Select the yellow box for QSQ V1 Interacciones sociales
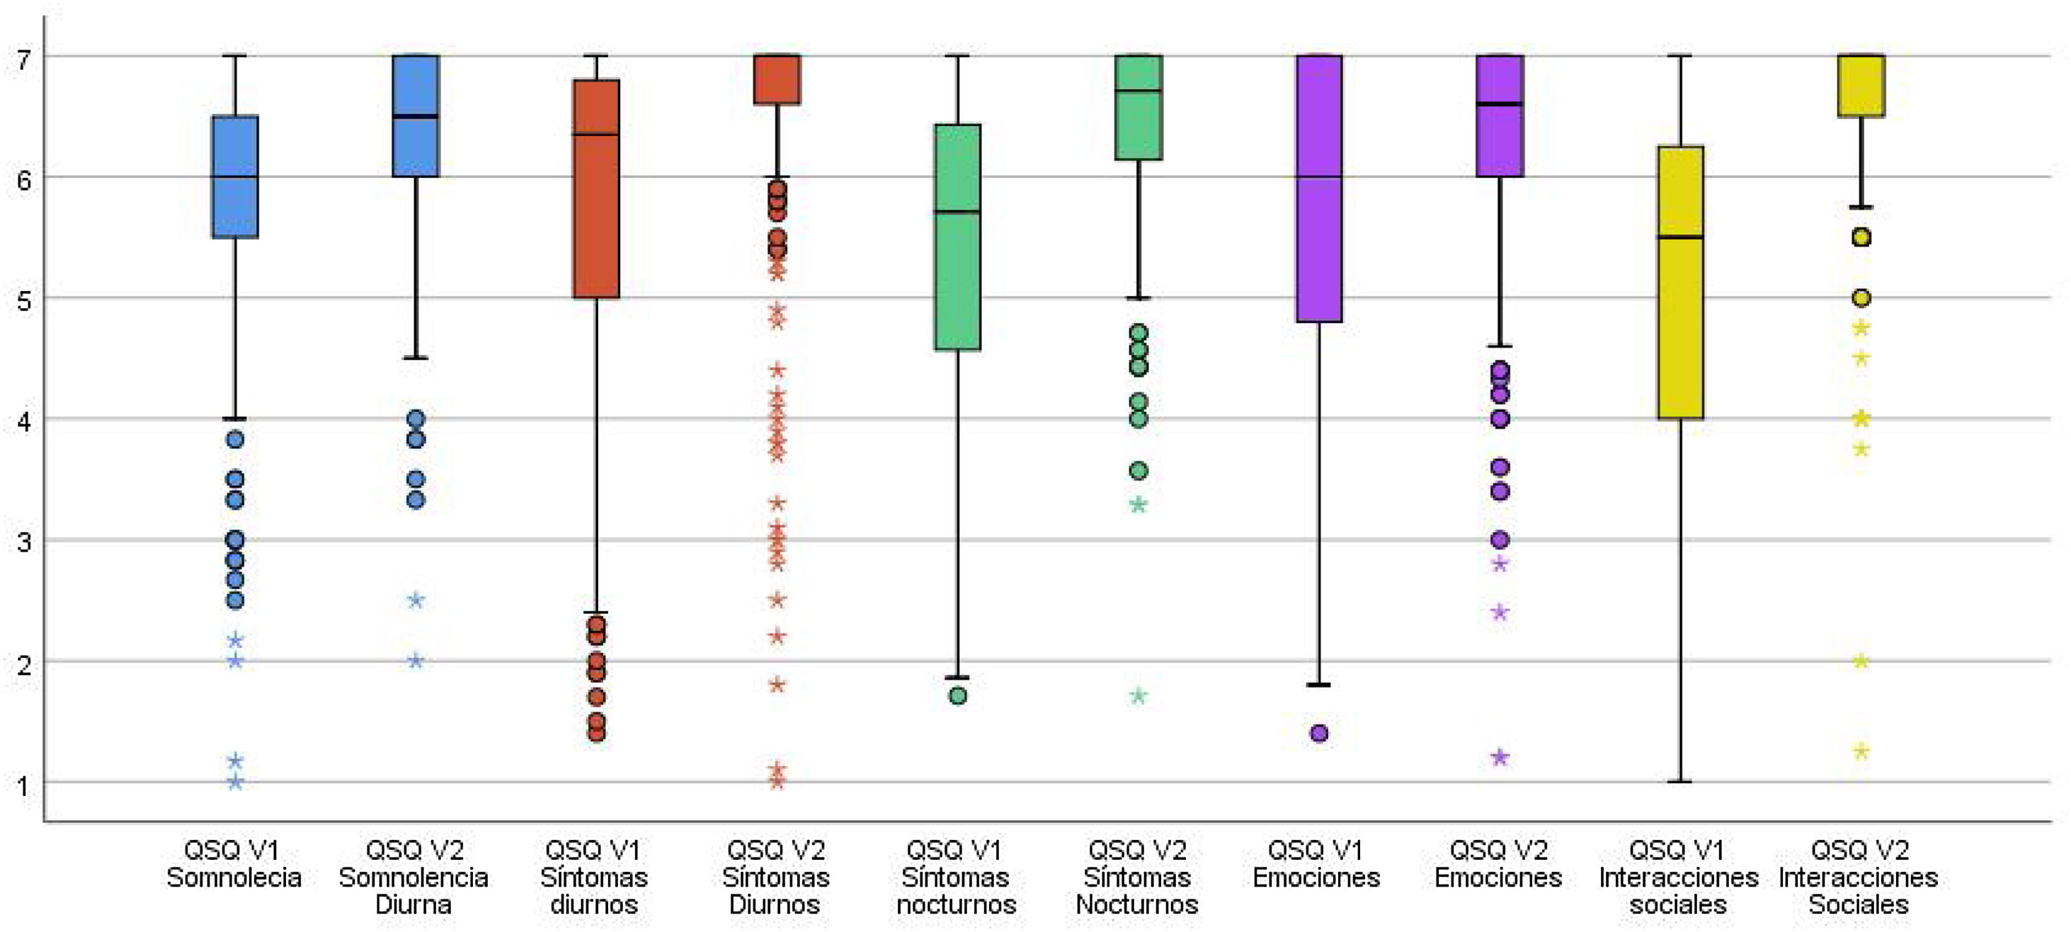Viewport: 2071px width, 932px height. pyautogui.click(x=1680, y=322)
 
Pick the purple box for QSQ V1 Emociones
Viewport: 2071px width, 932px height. pyautogui.click(x=1319, y=241)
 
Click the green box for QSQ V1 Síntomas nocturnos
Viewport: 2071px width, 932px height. pyautogui.click(x=957, y=281)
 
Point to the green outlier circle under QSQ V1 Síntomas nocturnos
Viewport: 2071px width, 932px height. pyautogui.click(x=957, y=696)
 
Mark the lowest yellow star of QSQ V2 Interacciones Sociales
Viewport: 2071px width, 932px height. pyautogui.click(x=1861, y=752)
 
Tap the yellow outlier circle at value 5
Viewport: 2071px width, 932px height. pyautogui.click(x=1861, y=298)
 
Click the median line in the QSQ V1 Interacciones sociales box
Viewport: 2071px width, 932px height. pyautogui.click(x=1680, y=237)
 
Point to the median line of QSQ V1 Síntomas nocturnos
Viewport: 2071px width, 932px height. pyautogui.click(x=957, y=212)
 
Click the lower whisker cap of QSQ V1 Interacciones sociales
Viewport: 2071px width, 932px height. pyautogui.click(x=1680, y=782)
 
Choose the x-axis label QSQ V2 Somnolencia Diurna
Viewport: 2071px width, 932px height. pyautogui.click(x=414, y=877)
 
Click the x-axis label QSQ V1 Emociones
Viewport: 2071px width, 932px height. pyautogui.click(x=1317, y=863)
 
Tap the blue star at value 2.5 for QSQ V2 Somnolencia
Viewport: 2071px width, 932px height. pyautogui.click(x=416, y=601)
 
